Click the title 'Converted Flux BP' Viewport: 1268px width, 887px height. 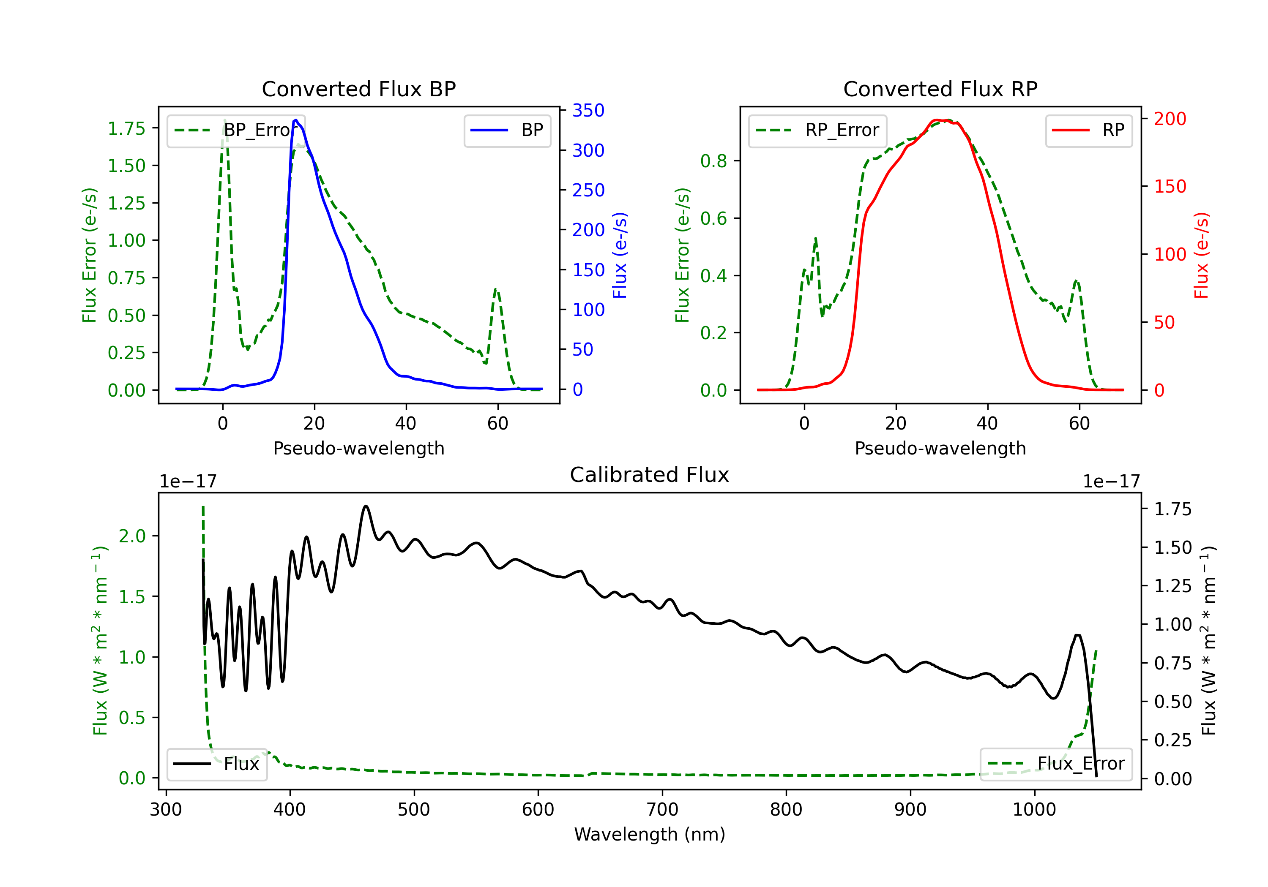coord(358,89)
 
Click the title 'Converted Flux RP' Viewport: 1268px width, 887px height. coord(940,89)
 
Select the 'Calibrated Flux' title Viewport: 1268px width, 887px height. coord(650,475)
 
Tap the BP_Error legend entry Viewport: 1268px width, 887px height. coord(236,130)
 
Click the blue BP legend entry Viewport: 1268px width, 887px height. coord(507,130)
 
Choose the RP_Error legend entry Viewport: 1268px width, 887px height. coord(817,130)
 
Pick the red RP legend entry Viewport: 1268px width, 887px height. coord(1088,130)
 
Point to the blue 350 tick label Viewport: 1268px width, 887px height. coord(588,110)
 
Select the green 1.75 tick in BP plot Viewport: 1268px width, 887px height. coord(126,128)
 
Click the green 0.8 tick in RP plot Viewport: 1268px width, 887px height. coord(713,161)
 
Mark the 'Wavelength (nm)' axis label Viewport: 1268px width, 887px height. coord(650,834)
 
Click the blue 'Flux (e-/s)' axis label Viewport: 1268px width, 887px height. coord(620,255)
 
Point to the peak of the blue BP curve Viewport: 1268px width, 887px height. coord(296,120)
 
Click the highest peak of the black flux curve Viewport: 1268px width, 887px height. coord(366,506)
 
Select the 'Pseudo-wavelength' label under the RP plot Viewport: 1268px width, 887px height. coord(940,448)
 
